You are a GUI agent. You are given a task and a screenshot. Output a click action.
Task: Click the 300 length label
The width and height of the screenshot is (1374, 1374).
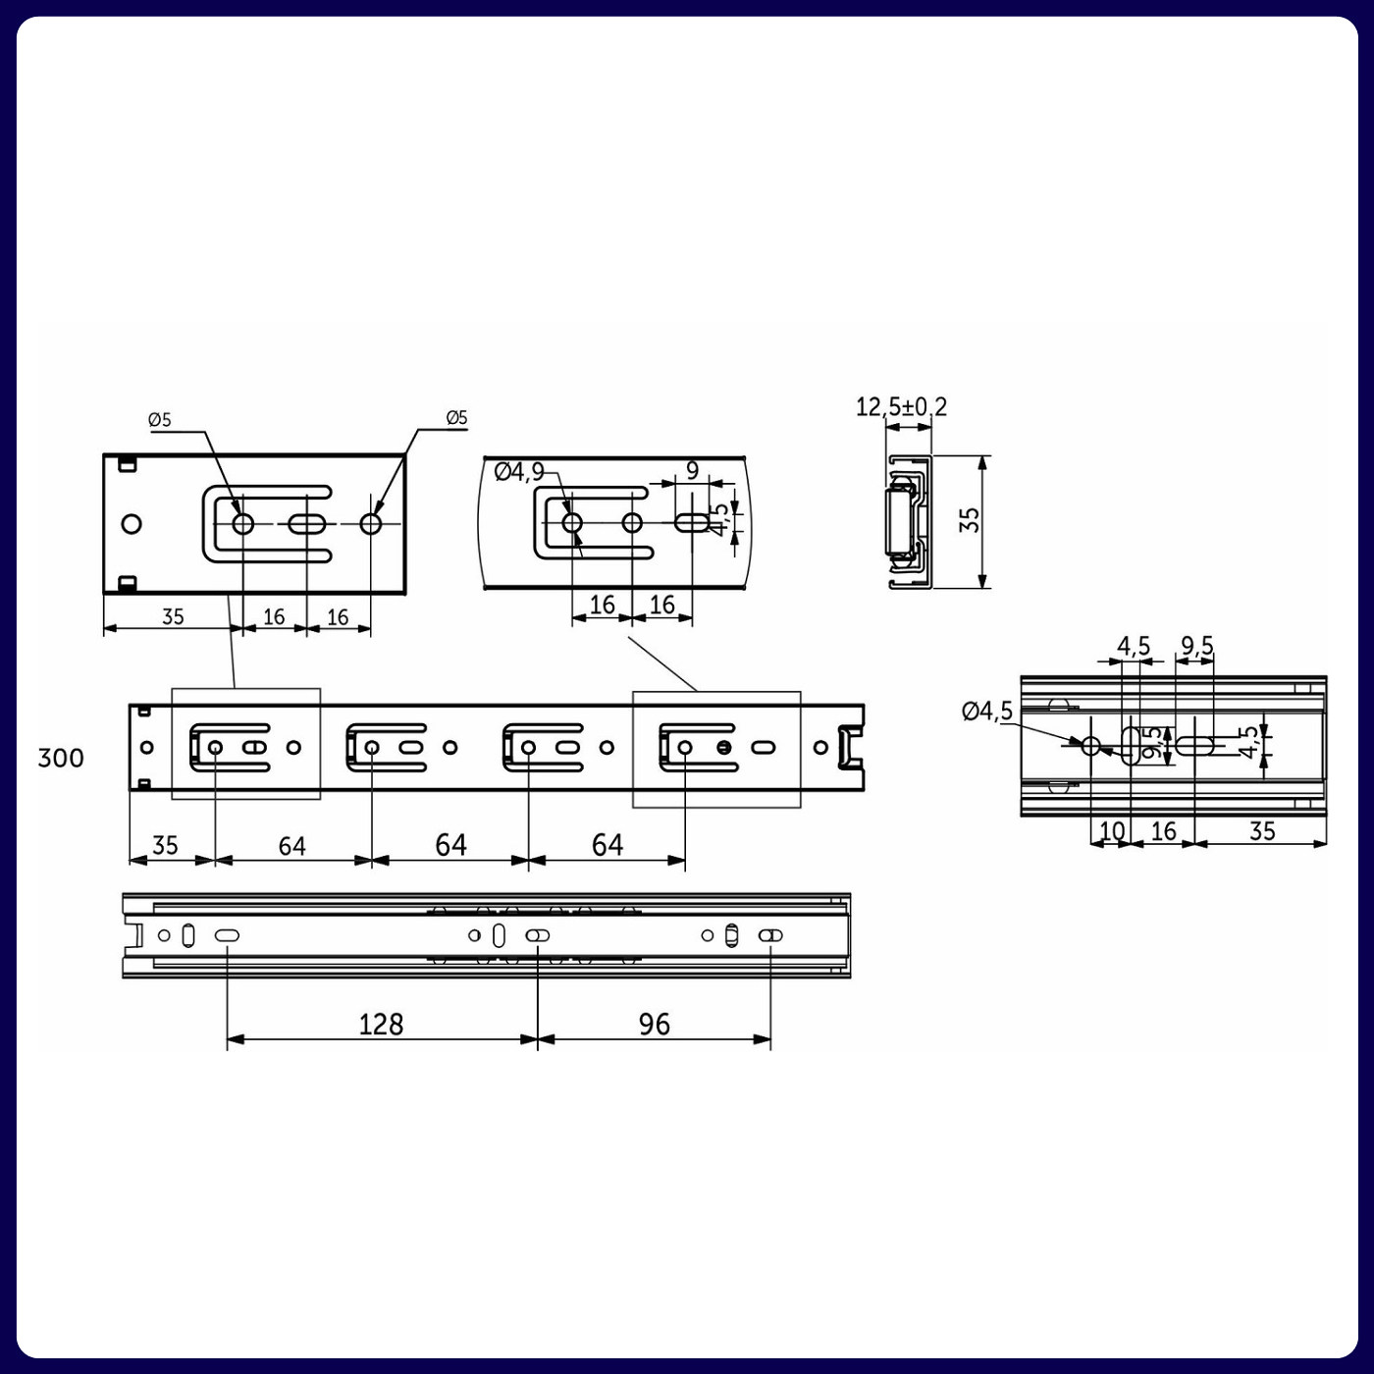point(61,758)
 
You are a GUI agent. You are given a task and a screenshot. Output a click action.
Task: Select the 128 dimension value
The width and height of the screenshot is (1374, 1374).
point(381,1025)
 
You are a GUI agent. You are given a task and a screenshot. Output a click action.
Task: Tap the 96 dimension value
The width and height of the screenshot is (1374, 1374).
point(654,1025)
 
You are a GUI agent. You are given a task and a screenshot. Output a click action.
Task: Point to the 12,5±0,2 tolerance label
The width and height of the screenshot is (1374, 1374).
point(901,406)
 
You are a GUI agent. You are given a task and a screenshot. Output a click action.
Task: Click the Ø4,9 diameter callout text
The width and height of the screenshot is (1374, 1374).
point(519,472)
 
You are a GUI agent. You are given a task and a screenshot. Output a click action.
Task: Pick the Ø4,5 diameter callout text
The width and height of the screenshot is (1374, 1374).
point(986,711)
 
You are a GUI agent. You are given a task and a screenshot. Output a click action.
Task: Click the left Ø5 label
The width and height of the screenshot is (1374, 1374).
point(160,420)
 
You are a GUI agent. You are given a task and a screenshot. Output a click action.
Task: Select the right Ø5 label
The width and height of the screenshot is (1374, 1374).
point(456,418)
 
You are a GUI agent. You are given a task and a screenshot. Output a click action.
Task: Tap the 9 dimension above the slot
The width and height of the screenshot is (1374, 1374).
point(692,470)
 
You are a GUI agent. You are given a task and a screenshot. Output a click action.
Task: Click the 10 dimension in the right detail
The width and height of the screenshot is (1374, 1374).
point(1111,831)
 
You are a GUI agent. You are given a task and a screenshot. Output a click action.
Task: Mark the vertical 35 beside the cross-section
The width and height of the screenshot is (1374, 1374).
point(970,520)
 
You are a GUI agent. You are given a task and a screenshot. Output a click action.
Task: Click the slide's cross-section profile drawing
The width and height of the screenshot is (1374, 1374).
point(908,522)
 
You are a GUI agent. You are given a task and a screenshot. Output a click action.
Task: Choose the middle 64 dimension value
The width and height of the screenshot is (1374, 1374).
point(450,845)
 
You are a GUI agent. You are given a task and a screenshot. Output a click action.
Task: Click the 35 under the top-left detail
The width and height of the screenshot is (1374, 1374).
point(173,616)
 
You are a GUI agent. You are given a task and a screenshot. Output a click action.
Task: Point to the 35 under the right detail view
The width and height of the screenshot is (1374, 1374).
point(1262,831)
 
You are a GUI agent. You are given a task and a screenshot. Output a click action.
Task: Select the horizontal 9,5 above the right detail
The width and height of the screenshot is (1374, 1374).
point(1196,646)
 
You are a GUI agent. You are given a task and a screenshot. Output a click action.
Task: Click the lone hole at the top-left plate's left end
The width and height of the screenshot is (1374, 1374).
point(132,523)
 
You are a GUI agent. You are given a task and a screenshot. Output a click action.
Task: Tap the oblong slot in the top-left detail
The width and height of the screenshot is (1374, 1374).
point(307,524)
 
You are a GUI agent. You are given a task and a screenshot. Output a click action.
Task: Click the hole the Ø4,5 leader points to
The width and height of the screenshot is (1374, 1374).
point(1090,746)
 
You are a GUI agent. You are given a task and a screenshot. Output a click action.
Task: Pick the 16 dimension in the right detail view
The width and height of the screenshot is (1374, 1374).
point(1163,831)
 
